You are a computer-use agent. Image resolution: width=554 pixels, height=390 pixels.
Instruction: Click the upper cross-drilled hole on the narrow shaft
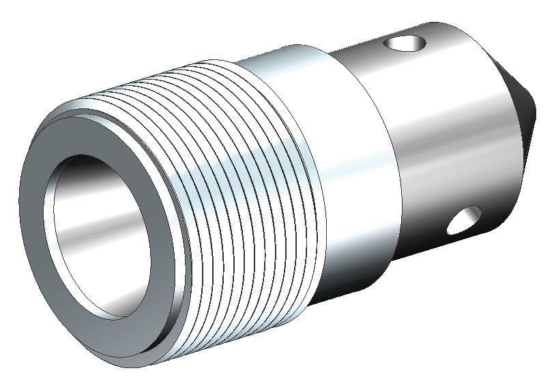405,45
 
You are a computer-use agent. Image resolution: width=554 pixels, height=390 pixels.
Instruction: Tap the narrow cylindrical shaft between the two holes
443,136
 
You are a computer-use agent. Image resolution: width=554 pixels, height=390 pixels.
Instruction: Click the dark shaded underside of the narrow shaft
437,259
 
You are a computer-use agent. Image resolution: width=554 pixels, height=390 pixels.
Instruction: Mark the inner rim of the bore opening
51,232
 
